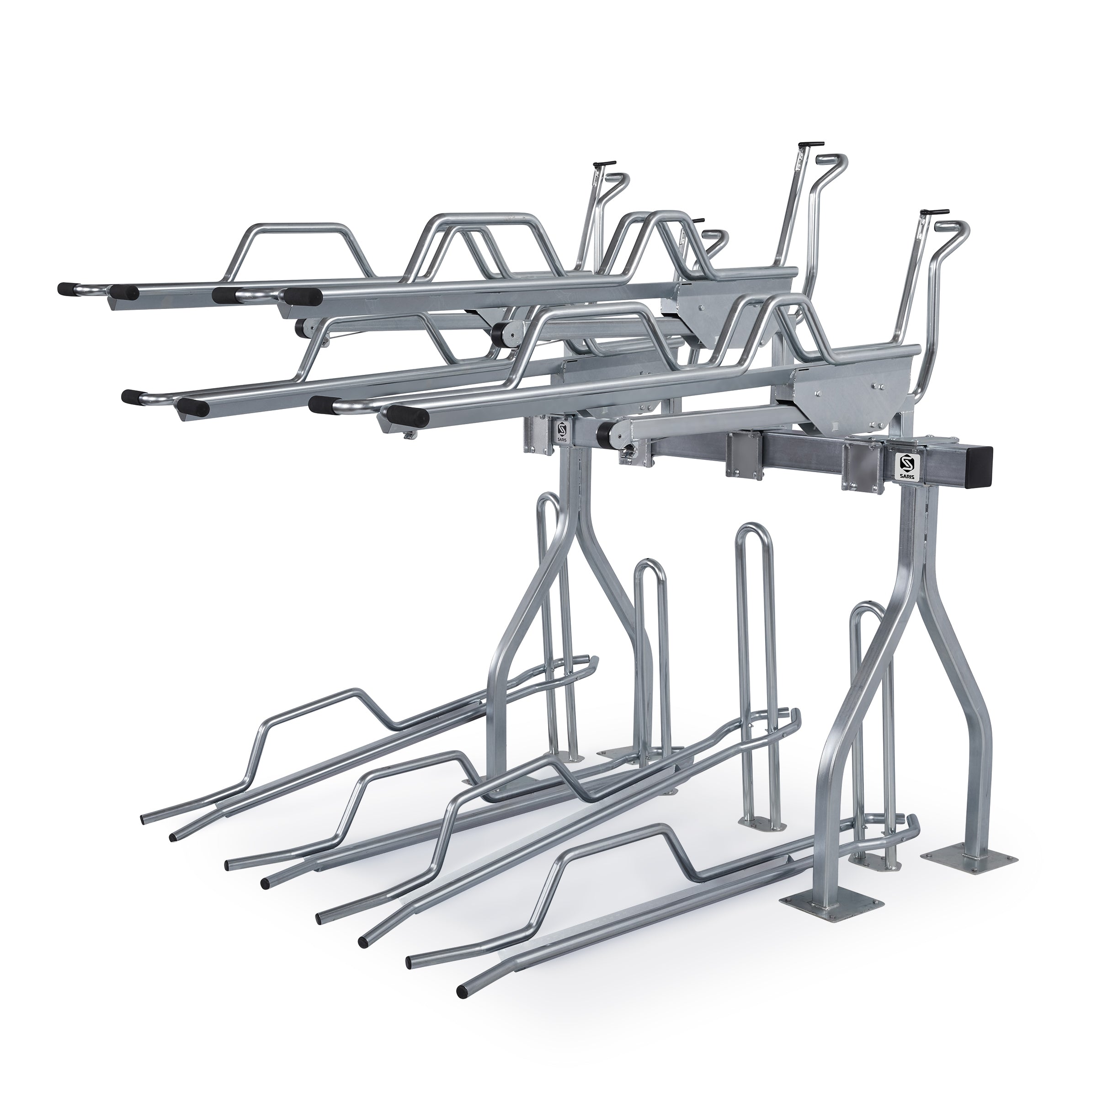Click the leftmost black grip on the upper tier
pos(68,288)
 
